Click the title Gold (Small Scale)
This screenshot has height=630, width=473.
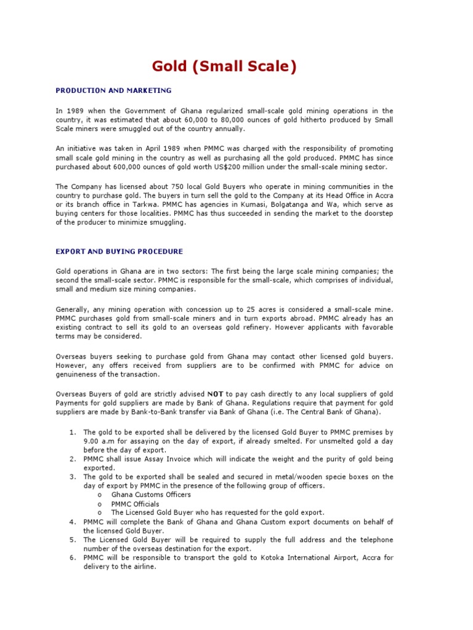pos(224,66)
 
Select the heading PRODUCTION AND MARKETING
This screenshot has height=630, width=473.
pos(113,90)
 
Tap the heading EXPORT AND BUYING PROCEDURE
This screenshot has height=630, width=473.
pos(119,252)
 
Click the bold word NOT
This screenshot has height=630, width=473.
pos(215,394)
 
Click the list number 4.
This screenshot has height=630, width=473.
pos(71,522)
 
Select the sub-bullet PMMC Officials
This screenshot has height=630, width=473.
pos(135,504)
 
